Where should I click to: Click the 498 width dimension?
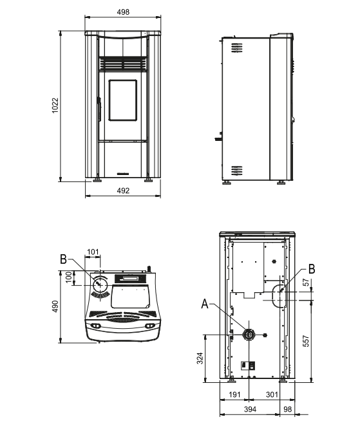(124, 11)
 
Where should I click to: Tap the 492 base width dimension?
(124, 190)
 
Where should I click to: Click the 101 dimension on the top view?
(93, 252)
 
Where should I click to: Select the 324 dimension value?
(200, 358)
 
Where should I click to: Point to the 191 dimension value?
(234, 395)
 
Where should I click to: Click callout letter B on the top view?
(63, 259)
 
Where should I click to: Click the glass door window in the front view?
(123, 101)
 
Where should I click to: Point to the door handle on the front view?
(99, 107)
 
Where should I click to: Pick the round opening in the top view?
(100, 284)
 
